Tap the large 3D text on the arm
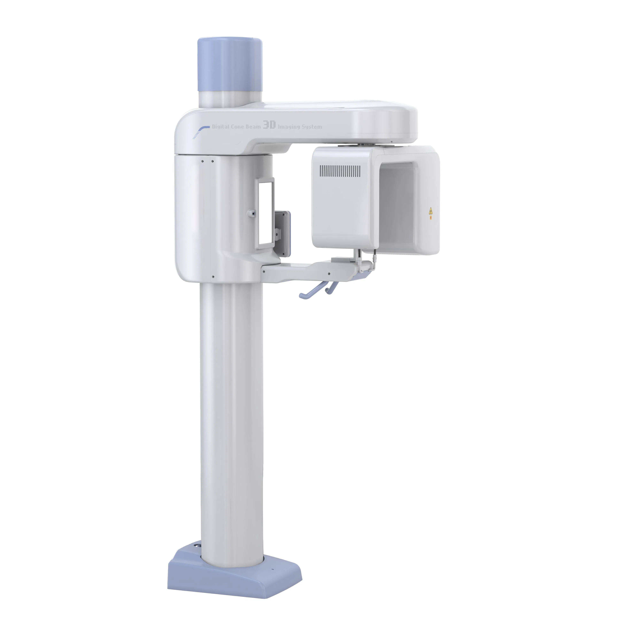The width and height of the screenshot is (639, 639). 269,125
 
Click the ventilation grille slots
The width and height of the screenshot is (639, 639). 340,171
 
